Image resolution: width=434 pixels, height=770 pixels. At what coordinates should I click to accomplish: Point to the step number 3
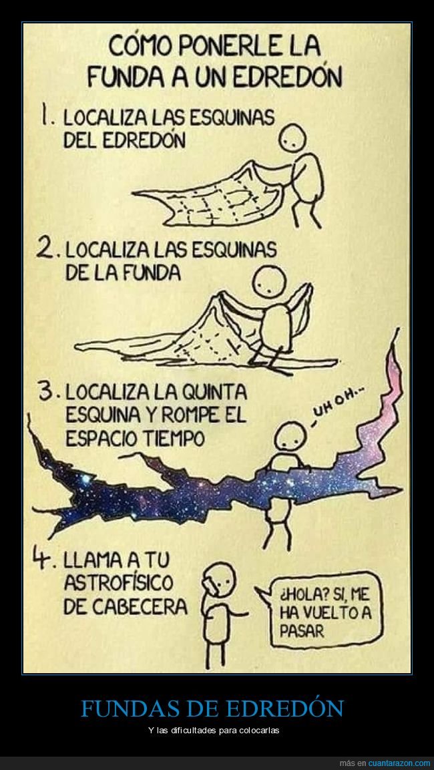(x=47, y=393)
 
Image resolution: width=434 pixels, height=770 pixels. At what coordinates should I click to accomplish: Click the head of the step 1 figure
(x=293, y=138)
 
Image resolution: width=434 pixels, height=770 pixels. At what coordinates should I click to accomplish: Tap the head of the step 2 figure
(x=269, y=282)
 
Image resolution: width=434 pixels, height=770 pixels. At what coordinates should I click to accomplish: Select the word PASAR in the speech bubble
(x=302, y=630)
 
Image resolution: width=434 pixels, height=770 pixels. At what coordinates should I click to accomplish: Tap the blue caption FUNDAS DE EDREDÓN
(x=212, y=709)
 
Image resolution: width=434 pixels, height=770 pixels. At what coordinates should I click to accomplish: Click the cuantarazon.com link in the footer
(x=399, y=763)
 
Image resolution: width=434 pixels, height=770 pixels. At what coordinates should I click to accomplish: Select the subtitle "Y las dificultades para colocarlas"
(x=214, y=730)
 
